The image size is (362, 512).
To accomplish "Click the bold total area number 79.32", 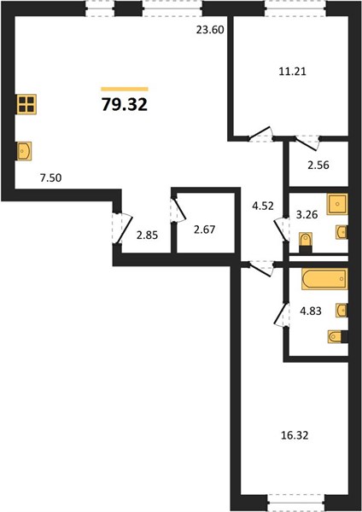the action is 125,105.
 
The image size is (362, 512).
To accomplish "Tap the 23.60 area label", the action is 210,30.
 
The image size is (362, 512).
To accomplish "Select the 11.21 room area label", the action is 292,71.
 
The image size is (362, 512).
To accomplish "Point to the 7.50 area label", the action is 50,178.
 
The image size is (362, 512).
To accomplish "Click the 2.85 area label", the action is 147,236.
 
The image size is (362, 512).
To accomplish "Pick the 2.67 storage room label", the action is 205,230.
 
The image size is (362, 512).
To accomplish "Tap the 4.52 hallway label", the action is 263,206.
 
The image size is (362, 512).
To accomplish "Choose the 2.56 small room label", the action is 318,166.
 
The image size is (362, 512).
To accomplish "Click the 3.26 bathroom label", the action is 307,214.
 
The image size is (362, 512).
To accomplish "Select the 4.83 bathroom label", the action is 311,311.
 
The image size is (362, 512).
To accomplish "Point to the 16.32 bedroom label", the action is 295,435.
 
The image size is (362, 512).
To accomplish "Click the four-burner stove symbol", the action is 26,104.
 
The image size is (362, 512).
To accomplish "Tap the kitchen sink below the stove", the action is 25,151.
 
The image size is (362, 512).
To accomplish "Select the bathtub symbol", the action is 324,279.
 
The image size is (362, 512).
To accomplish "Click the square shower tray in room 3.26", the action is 337,204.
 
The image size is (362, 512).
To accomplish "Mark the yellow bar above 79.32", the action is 125,89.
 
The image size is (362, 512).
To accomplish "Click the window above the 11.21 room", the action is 295,9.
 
